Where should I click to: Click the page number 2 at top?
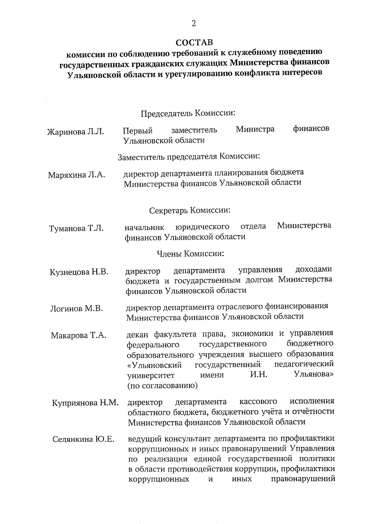193,24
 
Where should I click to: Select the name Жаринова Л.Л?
75,132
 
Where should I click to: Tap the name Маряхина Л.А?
76,175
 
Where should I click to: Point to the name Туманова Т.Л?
76,228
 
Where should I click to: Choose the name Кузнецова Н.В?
79,272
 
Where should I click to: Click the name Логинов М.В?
76,309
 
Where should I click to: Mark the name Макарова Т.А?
78,335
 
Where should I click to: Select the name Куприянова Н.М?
85,403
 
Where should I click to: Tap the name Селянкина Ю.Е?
83,439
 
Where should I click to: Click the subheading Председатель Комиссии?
188,113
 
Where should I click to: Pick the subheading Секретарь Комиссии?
190,211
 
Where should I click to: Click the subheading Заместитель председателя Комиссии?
189,157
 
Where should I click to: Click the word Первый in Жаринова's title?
138,131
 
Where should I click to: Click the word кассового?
258,401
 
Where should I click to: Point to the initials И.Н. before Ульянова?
259,375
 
